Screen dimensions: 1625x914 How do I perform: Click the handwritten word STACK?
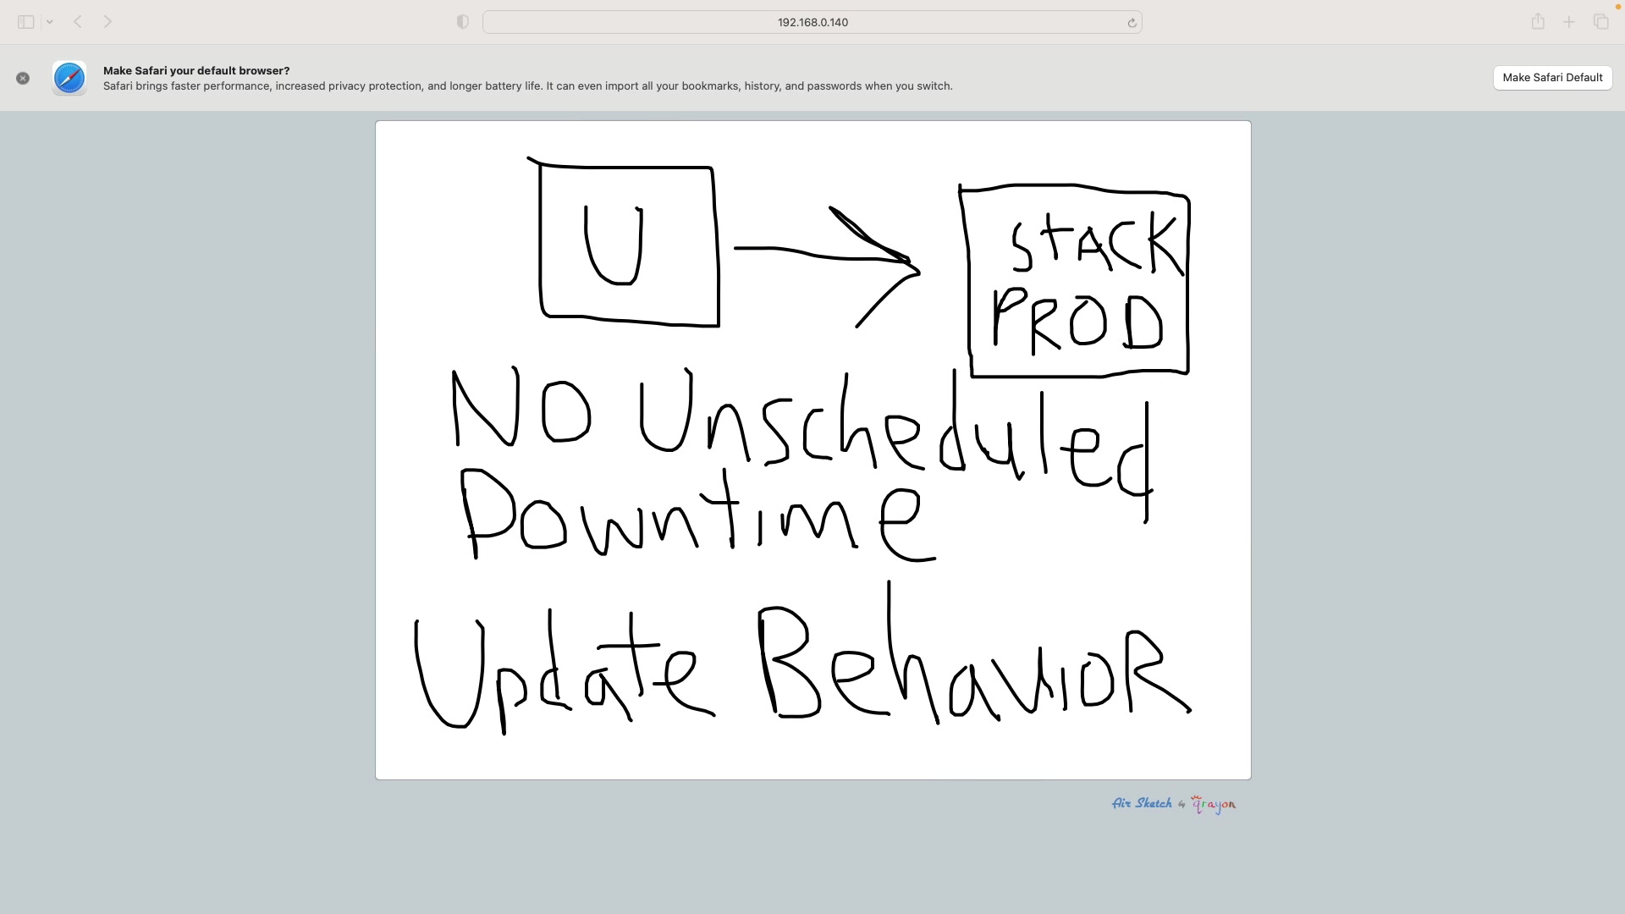[x=1097, y=244]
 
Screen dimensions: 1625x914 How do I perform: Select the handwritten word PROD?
[x=1077, y=321]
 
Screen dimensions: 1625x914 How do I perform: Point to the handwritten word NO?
[x=521, y=407]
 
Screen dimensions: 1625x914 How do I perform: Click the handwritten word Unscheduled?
[x=895, y=440]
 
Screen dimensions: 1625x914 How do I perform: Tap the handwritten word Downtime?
[x=699, y=514]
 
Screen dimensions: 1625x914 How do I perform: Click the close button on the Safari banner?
[x=23, y=78]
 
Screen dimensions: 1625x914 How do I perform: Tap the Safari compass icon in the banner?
[x=69, y=78]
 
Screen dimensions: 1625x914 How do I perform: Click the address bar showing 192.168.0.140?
[x=812, y=22]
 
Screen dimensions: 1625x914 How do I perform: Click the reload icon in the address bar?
[x=1132, y=23]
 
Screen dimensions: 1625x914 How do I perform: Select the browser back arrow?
[x=78, y=22]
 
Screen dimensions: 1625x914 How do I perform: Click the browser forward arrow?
[x=107, y=22]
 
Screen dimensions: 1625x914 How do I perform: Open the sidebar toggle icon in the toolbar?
[x=26, y=22]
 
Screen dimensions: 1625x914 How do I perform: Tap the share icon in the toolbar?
[x=1538, y=22]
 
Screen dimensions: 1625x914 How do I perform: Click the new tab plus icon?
[x=1569, y=22]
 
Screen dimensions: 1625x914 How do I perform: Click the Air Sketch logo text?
[x=1142, y=803]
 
